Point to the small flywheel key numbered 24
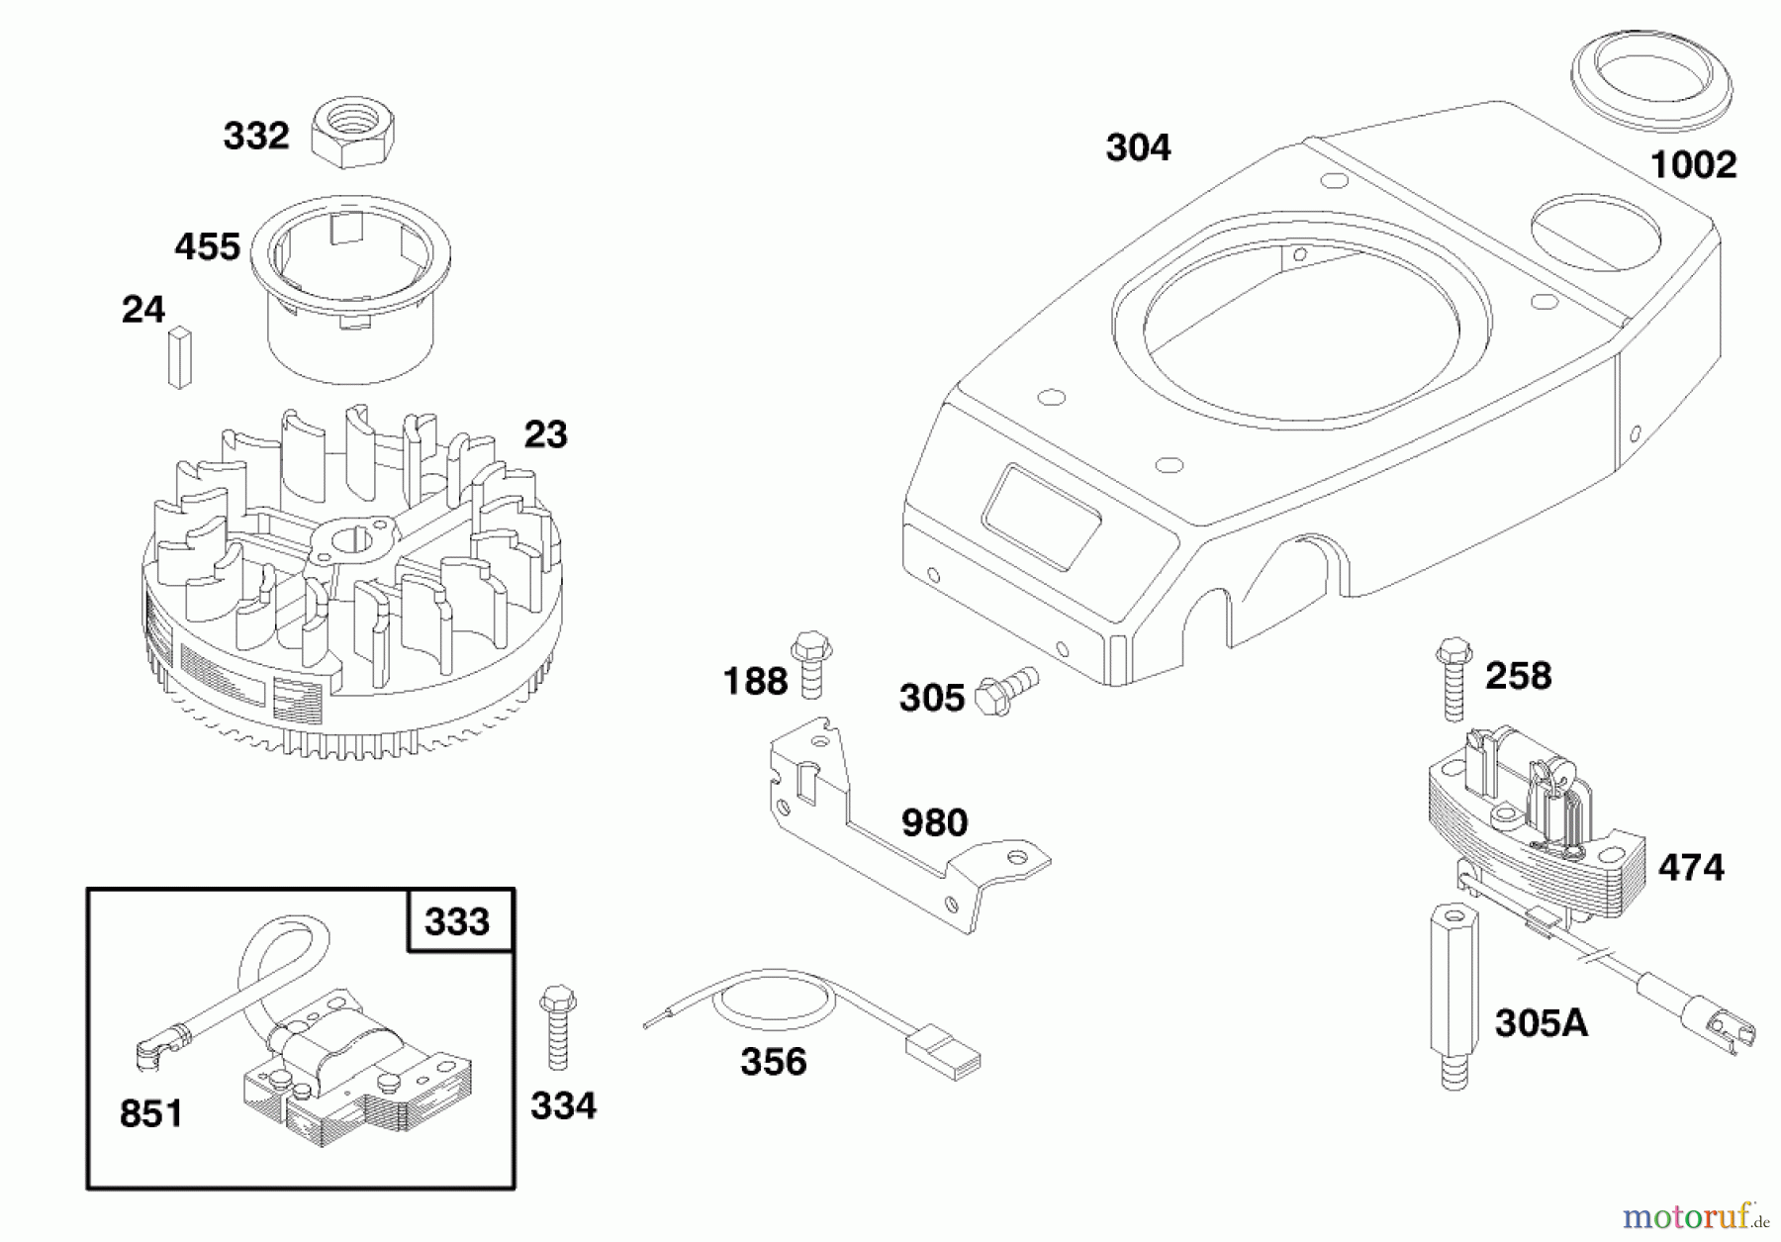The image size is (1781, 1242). [179, 357]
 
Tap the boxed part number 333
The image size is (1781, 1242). [457, 921]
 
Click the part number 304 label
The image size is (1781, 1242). [1138, 148]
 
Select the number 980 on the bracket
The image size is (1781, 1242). [934, 822]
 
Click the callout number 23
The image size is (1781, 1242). [545, 433]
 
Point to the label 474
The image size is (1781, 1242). [1691, 868]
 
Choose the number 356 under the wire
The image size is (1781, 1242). [773, 1062]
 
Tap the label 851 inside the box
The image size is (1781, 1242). [150, 1113]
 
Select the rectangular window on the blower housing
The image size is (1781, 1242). [1041, 516]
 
